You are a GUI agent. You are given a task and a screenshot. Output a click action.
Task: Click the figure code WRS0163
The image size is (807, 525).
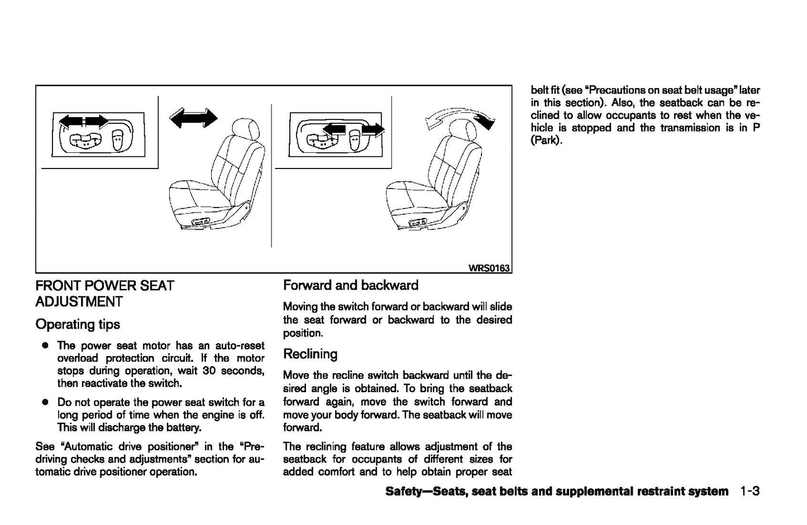(489, 268)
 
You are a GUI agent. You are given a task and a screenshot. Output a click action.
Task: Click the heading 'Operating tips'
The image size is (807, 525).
(78, 324)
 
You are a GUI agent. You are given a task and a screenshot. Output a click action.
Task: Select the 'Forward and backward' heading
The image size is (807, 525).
(350, 285)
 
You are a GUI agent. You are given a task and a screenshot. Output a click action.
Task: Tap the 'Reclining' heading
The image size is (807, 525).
(310, 354)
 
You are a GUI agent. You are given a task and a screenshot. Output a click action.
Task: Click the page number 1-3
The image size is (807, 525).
(750, 492)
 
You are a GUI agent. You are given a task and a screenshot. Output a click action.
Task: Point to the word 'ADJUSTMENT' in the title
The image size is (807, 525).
(79, 302)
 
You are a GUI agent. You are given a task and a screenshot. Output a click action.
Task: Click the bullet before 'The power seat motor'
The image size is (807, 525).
(44, 346)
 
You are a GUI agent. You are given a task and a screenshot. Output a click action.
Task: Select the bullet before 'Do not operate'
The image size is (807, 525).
(44, 402)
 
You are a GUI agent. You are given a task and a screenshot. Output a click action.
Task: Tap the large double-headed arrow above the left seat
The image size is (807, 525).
(193, 118)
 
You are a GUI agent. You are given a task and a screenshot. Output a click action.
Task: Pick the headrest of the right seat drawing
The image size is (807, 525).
(464, 131)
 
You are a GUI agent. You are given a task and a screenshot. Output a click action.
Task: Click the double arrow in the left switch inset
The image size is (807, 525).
(83, 121)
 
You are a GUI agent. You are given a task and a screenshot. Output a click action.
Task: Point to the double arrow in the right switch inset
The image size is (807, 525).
(354, 130)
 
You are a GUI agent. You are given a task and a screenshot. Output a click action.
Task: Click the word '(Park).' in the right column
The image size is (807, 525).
(546, 141)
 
